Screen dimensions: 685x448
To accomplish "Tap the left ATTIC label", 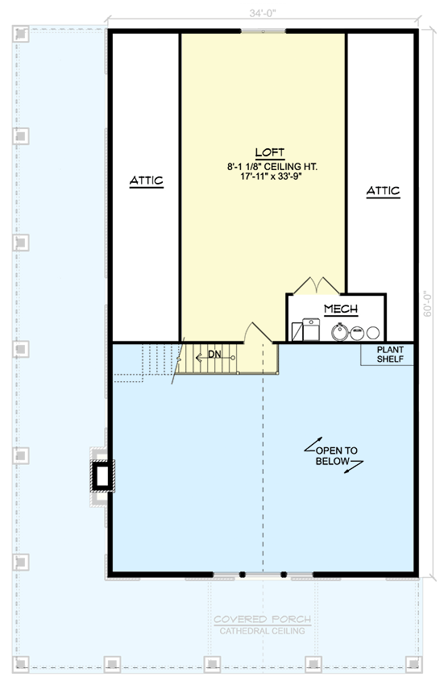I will [147, 182].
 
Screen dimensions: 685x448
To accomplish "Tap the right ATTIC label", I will [383, 191].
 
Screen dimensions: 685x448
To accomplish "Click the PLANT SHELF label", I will [388, 354].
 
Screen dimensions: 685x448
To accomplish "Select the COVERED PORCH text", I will [262, 619].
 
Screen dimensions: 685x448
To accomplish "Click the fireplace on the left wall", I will [102, 476].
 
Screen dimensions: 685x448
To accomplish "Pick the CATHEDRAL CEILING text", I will [262, 631].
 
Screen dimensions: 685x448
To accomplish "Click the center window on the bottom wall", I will [262, 575].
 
